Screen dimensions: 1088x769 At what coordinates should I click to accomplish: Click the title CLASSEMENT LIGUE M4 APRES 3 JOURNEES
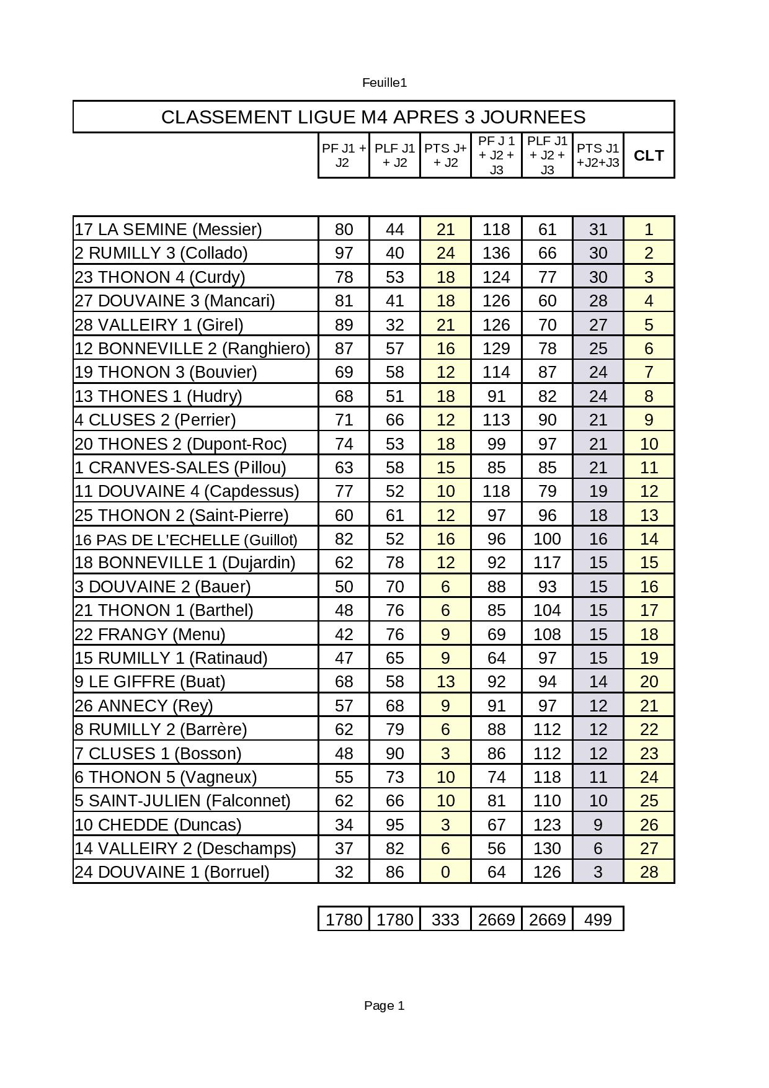click(373, 117)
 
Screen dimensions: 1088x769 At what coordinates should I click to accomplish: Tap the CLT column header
click(649, 156)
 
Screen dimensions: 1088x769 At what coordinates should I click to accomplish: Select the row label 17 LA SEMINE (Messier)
click(168, 230)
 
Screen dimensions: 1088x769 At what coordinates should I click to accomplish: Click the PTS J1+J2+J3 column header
click(598, 156)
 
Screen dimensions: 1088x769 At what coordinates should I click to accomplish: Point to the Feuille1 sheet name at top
click(384, 82)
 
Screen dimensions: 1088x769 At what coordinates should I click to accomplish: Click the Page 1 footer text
click(384, 1006)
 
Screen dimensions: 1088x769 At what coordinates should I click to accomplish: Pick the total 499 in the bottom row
click(598, 919)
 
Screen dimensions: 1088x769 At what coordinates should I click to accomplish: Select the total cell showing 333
click(445, 919)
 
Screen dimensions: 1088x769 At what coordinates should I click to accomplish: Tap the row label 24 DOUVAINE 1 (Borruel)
click(172, 872)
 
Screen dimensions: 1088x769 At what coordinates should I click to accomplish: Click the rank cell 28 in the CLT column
click(649, 872)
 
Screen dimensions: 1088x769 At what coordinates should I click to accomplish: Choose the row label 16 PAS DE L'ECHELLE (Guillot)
click(186, 540)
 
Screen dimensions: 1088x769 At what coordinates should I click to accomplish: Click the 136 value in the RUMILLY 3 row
click(496, 253)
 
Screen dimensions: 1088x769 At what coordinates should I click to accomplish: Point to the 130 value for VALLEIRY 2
click(547, 849)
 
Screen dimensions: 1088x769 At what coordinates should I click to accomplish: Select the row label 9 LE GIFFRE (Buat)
click(149, 682)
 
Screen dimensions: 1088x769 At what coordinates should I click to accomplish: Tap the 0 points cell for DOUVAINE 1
click(445, 872)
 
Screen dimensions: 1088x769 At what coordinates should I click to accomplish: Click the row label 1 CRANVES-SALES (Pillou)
click(180, 468)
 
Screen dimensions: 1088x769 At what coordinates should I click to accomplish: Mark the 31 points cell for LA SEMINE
click(598, 230)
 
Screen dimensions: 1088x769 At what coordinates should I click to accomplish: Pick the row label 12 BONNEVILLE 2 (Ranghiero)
click(192, 349)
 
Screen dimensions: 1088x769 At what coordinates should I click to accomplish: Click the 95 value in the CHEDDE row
click(394, 825)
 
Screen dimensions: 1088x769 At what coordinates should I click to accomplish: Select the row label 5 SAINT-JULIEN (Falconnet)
click(182, 801)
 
